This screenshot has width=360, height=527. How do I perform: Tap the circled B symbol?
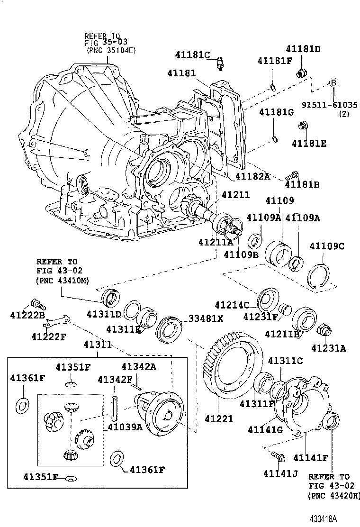[x=333, y=82]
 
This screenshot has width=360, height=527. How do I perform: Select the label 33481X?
[x=206, y=318]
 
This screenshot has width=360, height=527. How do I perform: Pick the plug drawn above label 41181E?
[x=303, y=126]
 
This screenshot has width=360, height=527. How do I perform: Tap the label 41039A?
[x=125, y=426]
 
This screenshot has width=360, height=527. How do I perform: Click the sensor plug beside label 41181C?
[x=219, y=64]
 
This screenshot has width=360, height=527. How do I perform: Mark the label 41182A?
[x=252, y=176]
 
